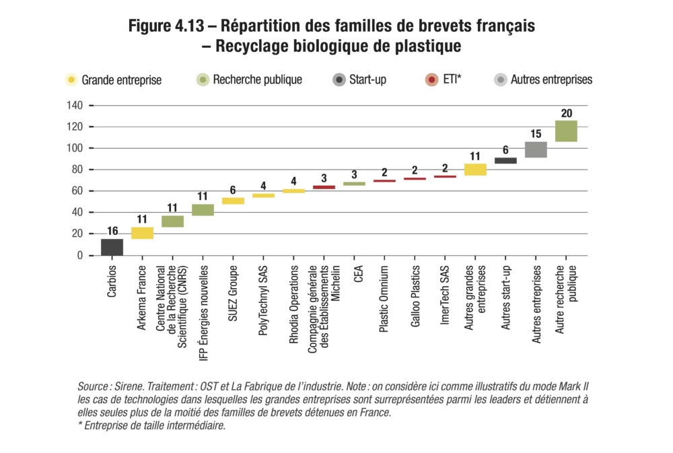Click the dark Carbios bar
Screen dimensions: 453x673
(112, 247)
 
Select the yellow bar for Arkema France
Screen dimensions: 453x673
(142, 233)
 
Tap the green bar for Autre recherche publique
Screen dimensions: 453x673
(566, 131)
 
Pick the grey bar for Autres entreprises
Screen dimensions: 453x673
(536, 149)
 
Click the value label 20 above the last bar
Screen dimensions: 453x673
(566, 112)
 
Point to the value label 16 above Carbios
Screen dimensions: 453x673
(112, 231)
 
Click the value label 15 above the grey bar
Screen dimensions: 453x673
(536, 134)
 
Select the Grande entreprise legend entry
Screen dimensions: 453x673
(114, 80)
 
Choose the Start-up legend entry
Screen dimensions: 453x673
(359, 79)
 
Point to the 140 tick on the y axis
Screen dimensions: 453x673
(75, 106)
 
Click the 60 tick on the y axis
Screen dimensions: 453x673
(77, 191)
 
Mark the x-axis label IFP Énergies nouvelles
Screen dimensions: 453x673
(203, 307)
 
